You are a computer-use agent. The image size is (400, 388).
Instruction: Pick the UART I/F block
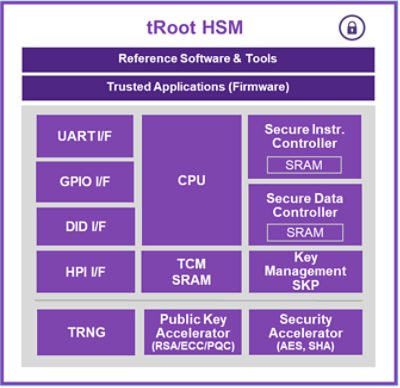click(x=85, y=136)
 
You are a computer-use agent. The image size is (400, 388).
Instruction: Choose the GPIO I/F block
click(x=85, y=182)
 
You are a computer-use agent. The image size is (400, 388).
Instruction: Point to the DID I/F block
click(x=85, y=226)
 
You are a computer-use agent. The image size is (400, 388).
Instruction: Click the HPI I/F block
click(x=85, y=271)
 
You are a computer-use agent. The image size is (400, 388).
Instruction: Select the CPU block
click(x=191, y=180)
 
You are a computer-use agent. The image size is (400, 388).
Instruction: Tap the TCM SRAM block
click(x=191, y=271)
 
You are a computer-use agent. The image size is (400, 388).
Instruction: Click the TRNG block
click(x=85, y=331)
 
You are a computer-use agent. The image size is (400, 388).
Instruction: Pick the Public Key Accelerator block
click(x=191, y=331)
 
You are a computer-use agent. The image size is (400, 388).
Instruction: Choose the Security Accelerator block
click(x=305, y=331)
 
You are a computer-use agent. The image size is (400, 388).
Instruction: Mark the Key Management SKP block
click(x=305, y=271)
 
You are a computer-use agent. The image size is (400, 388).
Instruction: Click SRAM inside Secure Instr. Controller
click(x=305, y=164)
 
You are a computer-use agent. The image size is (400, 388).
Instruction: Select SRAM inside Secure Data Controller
click(x=305, y=232)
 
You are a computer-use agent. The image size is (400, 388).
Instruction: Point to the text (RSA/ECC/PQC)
click(x=191, y=346)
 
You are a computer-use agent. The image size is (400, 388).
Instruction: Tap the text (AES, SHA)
click(x=305, y=346)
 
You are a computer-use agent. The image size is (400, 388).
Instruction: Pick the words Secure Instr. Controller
click(x=305, y=137)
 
